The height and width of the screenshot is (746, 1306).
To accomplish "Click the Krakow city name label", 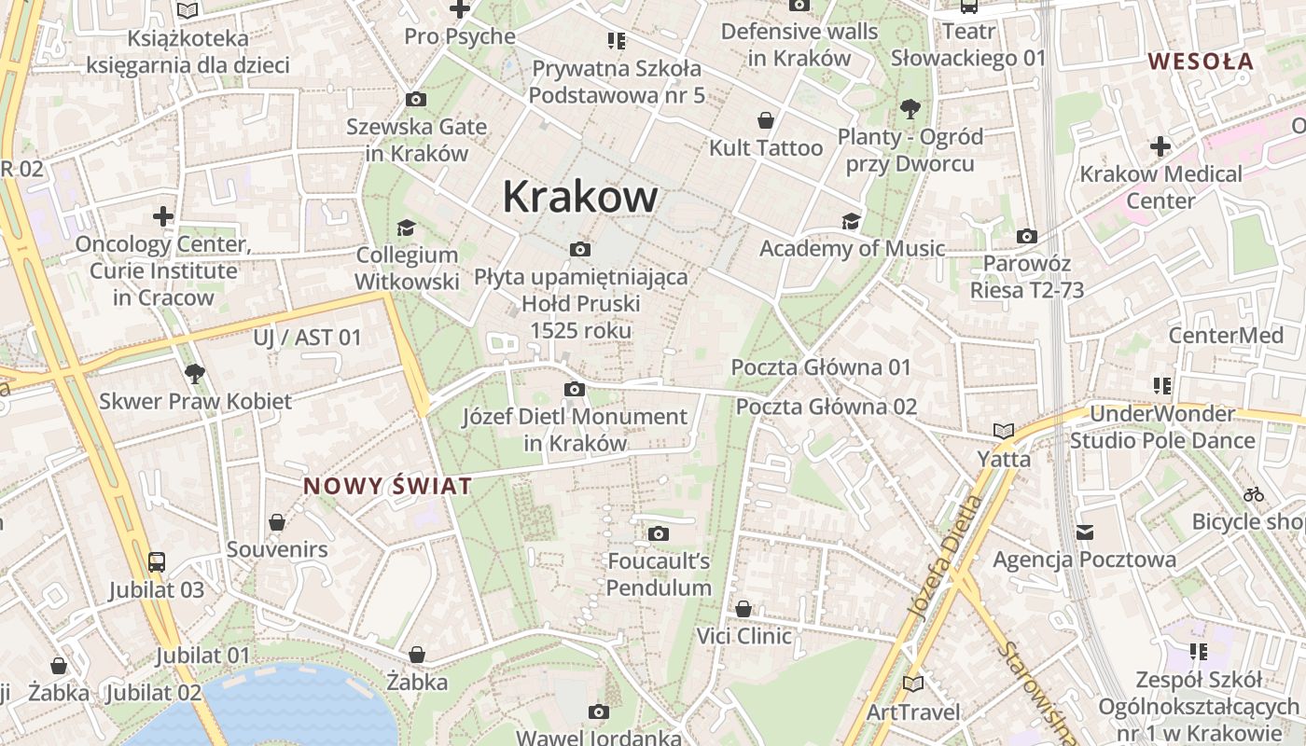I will [579, 197].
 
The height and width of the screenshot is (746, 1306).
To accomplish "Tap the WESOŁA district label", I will [1201, 62].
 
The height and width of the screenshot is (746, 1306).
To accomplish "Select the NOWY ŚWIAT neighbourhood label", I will [387, 486].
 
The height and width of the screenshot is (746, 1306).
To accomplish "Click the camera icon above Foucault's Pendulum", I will [659, 534].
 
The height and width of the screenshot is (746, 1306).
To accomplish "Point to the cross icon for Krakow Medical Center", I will [1160, 146].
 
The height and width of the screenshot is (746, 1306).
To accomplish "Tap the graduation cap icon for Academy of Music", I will [851, 221].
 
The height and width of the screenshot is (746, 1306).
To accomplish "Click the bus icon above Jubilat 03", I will [157, 562].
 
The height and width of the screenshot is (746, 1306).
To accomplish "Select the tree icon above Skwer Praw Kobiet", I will [194, 374].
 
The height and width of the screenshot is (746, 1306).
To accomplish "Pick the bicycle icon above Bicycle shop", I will [1254, 494].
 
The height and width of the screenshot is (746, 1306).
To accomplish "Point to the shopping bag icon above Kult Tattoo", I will [766, 120].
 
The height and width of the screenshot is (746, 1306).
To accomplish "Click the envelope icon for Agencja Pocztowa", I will [1084, 532].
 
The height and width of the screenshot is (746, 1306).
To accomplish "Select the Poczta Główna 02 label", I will [827, 407].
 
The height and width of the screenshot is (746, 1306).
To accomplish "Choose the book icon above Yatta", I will [1004, 431].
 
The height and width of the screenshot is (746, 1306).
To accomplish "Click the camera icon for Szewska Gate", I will [416, 100].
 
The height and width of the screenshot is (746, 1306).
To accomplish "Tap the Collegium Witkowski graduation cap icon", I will [406, 228].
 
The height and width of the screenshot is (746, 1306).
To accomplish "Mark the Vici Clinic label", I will [744, 636].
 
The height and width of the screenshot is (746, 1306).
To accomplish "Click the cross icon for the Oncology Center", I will [163, 217].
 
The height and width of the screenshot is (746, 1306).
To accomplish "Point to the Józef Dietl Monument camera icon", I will [575, 389].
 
